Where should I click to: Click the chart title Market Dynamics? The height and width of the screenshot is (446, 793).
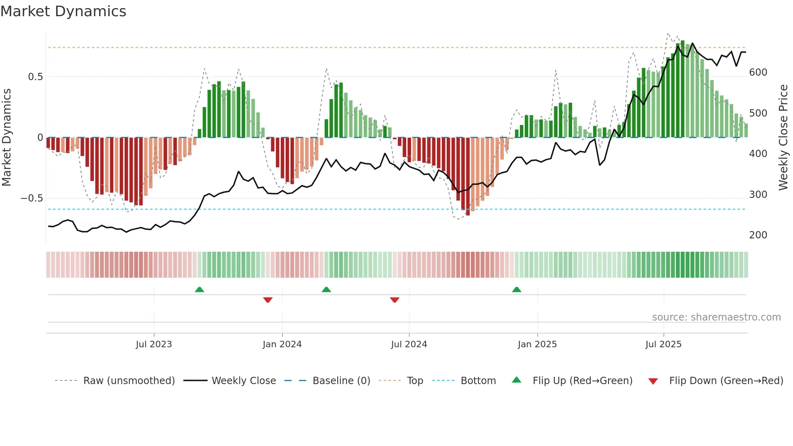click(x=63, y=11)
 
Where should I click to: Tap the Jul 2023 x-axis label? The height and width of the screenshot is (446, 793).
click(x=154, y=344)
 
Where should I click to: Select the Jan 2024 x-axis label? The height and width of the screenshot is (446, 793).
click(x=282, y=344)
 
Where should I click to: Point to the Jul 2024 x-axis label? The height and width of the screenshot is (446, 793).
click(x=409, y=344)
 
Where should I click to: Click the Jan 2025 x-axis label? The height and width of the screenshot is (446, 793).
click(x=537, y=344)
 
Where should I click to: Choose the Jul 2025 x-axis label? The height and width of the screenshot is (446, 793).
click(x=663, y=344)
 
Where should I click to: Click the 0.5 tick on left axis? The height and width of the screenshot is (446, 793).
click(x=35, y=77)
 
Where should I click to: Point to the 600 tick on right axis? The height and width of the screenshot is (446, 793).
click(x=758, y=72)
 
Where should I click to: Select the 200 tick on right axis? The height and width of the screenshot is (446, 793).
click(x=758, y=235)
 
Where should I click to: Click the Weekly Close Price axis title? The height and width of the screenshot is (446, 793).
click(x=783, y=138)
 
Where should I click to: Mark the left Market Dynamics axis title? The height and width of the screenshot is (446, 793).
click(x=6, y=138)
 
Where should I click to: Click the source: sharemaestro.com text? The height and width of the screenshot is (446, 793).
click(x=716, y=317)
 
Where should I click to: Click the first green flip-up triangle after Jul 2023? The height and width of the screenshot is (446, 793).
click(x=199, y=289)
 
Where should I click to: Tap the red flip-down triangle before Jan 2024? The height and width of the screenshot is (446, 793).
click(x=267, y=300)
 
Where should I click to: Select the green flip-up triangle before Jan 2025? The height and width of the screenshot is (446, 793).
click(x=516, y=289)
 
